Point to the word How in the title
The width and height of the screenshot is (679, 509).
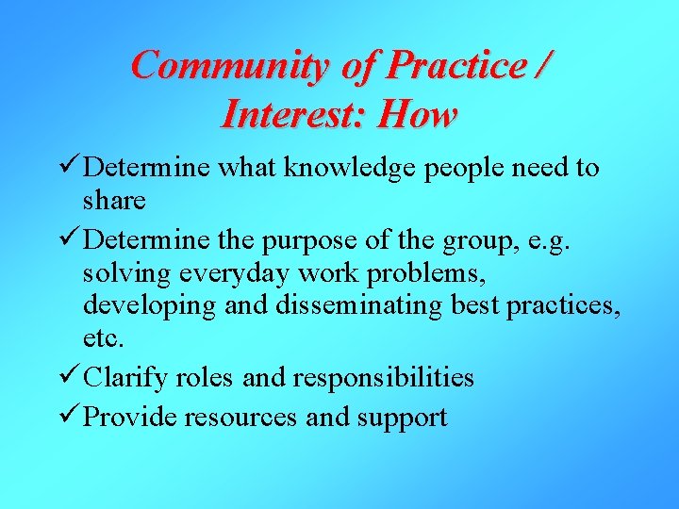pos(417,114)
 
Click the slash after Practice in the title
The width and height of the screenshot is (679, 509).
pos(542,65)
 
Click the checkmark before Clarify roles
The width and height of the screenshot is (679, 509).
pos(67,377)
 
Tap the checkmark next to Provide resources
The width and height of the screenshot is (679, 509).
pos(67,417)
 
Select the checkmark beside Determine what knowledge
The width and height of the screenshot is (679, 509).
pos(67,168)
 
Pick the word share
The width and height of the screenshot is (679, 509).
pos(114,200)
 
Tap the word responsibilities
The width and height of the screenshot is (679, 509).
pos(383,378)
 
